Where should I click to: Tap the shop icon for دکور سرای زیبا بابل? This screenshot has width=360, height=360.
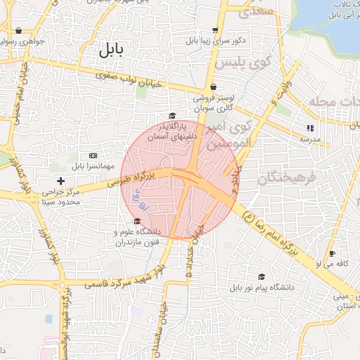[214, 30]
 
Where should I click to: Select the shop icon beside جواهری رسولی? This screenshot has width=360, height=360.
[18, 30]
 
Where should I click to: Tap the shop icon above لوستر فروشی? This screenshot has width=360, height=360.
[212, 87]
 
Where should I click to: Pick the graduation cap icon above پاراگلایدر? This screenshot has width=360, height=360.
[172, 115]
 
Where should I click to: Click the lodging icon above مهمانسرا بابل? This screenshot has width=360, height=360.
[93, 155]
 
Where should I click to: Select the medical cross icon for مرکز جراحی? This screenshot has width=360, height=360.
[61, 181]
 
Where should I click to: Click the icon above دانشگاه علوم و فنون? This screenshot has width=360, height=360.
[136, 221]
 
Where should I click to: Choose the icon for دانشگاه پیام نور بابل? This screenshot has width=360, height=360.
[262, 277]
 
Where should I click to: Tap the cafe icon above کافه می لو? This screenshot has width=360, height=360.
[332, 253]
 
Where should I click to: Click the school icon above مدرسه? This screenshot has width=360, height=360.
[309, 128]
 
